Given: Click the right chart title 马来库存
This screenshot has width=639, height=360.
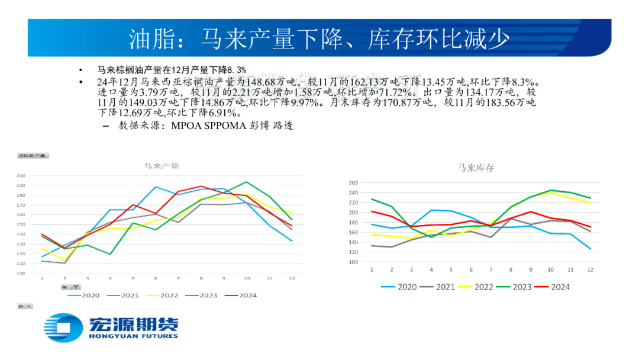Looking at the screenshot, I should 475,168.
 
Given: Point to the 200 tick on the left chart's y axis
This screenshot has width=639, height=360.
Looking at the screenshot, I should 21,176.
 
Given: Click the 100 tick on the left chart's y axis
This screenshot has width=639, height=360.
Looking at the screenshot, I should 21,274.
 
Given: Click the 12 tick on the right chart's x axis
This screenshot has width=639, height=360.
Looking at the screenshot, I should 590,269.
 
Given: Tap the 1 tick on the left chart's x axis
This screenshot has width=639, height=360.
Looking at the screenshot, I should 41,278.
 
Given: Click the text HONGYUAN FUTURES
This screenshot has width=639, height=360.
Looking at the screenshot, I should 133,336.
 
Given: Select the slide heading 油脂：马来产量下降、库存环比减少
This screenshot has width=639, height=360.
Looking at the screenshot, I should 319,39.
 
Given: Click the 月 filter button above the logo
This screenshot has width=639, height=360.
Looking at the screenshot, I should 25,307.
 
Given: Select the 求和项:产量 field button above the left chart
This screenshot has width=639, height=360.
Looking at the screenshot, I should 32,156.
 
